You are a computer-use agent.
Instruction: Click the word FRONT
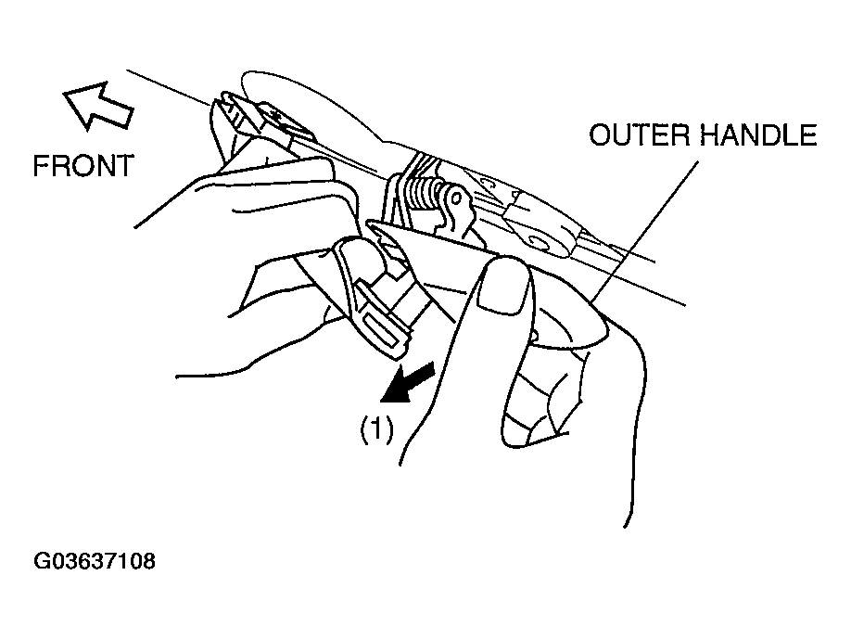83,166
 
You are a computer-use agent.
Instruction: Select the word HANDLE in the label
758,134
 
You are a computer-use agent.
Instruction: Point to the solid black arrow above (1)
408,383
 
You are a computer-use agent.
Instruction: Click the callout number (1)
377,430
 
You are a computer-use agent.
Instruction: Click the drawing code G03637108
95,561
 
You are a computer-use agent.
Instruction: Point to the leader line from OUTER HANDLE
645,230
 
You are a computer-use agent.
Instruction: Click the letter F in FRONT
40,166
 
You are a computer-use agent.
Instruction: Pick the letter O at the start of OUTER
600,134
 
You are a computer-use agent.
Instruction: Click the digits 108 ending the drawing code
139,561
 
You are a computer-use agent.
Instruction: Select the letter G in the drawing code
41,561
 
